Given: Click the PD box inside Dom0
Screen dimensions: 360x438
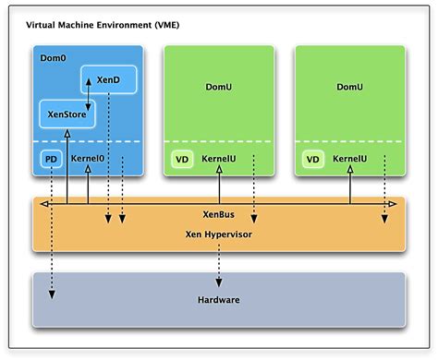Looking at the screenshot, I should pos(51,160).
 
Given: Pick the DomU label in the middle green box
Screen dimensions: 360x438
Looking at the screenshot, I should pos(219,87).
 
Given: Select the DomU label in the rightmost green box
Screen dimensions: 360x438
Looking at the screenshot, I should pos(349,87).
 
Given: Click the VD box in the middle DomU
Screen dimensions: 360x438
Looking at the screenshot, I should pos(182,160).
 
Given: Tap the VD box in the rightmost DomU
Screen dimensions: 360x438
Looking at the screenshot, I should pos(313,160).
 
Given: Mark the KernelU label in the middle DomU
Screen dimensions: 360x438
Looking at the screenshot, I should pos(218,160).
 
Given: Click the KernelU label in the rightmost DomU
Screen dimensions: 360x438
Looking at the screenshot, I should pos(349,160).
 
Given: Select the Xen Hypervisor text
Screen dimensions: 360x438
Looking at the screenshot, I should pos(219,234).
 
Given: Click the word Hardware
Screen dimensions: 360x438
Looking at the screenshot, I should pos(219,300).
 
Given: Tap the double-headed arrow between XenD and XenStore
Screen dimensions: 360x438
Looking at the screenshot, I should pos(89,95).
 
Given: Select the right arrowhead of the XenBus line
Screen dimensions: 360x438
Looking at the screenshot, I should pos(393,202).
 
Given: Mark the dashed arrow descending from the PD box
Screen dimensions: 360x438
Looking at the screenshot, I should pos(51,231).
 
